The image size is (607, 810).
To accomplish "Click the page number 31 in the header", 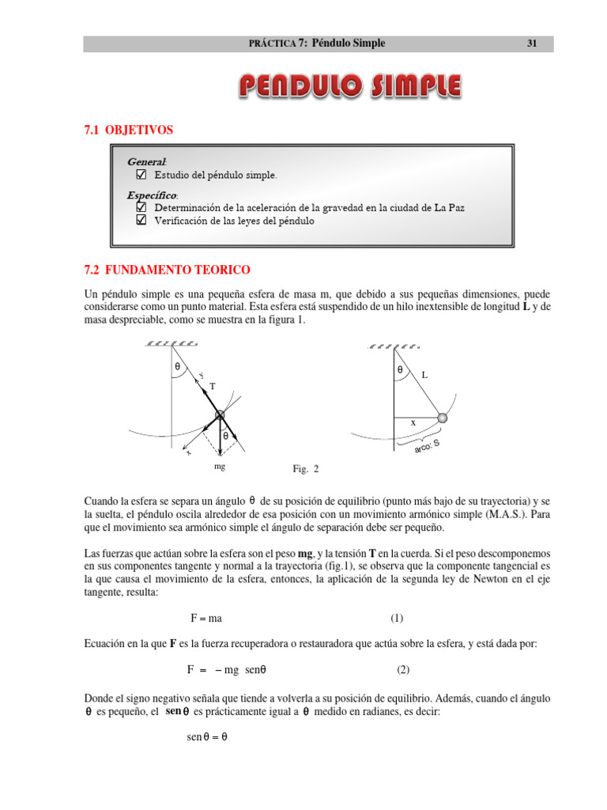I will [532, 44].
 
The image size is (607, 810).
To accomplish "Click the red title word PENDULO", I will [301, 86].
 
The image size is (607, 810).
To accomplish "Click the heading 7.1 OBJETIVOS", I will [128, 129].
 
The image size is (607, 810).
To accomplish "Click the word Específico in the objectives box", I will [151, 195].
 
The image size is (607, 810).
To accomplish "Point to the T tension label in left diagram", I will [212, 386].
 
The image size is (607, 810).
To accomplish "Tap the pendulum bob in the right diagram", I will [443, 418].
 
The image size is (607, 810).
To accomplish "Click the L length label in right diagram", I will [424, 376].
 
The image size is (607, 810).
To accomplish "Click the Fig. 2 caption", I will [305, 469].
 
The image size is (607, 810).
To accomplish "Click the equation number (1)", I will [396, 618].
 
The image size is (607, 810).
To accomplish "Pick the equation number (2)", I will [403, 669].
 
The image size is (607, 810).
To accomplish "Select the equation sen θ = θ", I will [207, 736].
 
